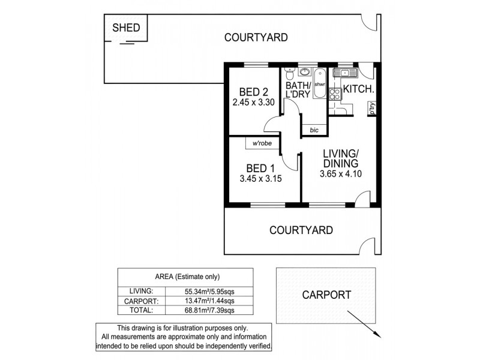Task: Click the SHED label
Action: coord(127,28)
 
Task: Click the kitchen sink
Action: coord(347,73)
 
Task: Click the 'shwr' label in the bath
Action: coord(319,85)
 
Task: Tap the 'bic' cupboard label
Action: coord(314,130)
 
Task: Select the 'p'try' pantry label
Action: coord(372,109)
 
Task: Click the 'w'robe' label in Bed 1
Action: coord(262,144)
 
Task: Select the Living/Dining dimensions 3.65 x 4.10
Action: coord(340,175)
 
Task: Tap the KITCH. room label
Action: coord(358,89)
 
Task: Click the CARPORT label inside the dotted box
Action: coord(326,295)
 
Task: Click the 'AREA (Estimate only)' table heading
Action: coord(187,277)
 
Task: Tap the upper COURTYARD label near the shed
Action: coord(256,37)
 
